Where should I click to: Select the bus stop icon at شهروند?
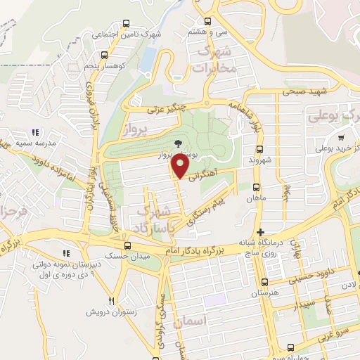coord(259,149)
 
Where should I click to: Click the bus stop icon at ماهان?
coord(255,188)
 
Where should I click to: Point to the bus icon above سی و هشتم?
coord(207,21)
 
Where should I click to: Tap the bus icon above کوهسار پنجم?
coord(104,55)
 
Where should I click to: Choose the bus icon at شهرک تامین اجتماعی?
coord(126,23)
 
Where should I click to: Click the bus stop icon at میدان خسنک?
coord(127,245)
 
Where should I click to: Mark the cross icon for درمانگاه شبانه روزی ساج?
coord(260,232)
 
